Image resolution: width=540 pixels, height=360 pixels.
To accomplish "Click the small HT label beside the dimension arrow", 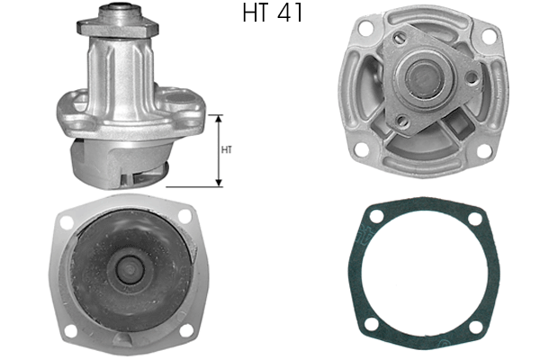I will (x=226, y=150).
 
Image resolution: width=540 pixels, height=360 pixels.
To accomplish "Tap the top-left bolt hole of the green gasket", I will (x=372, y=217).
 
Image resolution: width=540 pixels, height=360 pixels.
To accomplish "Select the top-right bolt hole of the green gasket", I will (x=474, y=217).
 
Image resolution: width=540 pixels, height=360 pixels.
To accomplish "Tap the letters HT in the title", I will (x=257, y=13).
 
